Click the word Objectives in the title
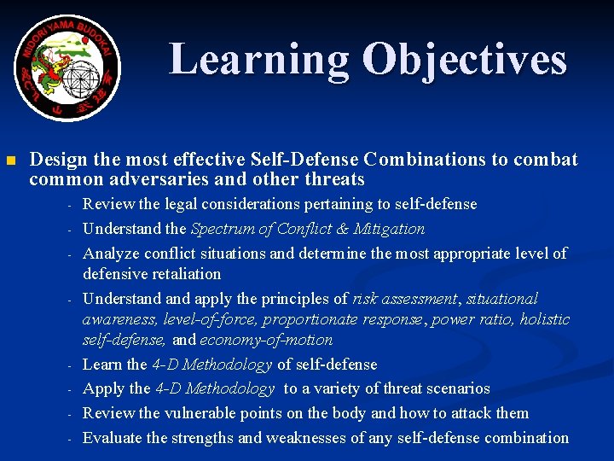point(464,61)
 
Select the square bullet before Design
point(10,160)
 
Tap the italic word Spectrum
point(223,229)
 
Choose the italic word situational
point(503,299)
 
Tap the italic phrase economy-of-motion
point(266,340)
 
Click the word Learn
point(101,365)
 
